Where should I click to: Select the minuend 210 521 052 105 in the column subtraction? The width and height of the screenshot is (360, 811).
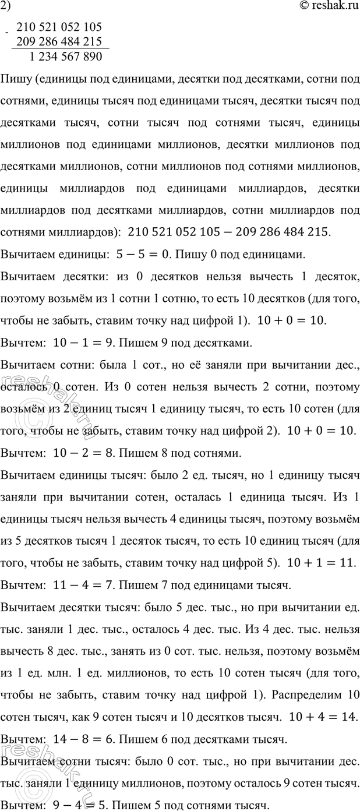pos(59,27)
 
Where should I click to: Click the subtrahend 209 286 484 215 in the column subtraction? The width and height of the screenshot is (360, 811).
pos(59,41)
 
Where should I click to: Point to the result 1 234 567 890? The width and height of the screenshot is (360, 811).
pos(65,57)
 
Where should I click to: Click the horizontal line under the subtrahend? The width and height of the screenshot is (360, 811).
pos(59,48)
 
